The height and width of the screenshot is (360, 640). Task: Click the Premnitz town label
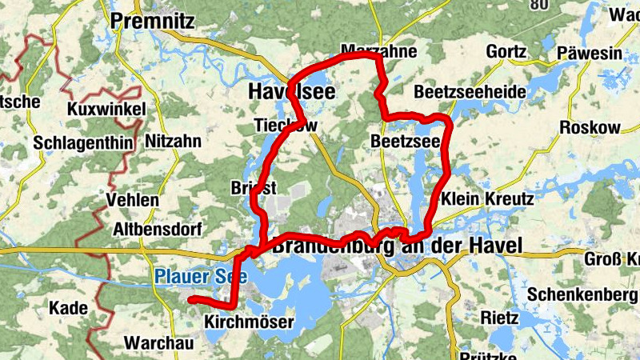click(x=153, y=22)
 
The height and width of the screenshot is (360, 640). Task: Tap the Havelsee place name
click(x=291, y=92)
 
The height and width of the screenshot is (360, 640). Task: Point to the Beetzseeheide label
click(x=470, y=92)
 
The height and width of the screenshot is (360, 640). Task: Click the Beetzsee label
click(x=406, y=142)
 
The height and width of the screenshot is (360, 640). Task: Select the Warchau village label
click(x=159, y=343)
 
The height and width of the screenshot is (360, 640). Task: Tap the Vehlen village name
click(x=132, y=200)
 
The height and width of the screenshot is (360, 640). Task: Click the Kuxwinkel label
click(x=106, y=109)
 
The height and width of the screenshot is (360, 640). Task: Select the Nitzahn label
click(x=174, y=142)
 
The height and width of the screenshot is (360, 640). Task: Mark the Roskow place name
click(x=590, y=128)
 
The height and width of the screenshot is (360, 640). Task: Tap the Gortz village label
click(x=506, y=53)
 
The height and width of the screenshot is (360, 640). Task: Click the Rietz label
click(x=500, y=317)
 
